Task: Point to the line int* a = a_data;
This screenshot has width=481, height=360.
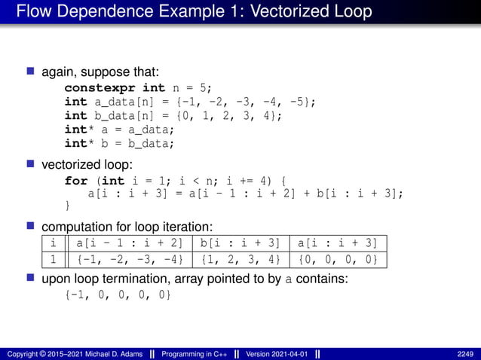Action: tap(120, 130)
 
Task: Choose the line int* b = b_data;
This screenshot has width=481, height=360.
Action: tap(120, 143)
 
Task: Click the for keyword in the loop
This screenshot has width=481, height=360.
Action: tap(76, 181)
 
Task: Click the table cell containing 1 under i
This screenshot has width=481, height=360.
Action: tap(53, 260)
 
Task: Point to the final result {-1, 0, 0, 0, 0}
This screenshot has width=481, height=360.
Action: tap(118, 294)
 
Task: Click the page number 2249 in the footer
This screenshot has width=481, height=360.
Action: tap(465, 354)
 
